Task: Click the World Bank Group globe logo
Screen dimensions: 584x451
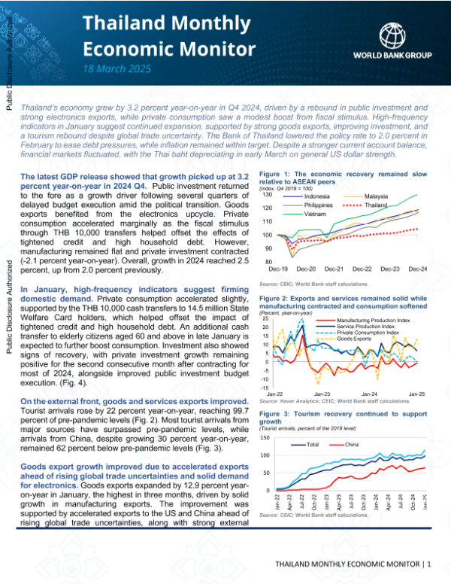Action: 395,35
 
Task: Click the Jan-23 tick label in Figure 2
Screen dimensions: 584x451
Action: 322,394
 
